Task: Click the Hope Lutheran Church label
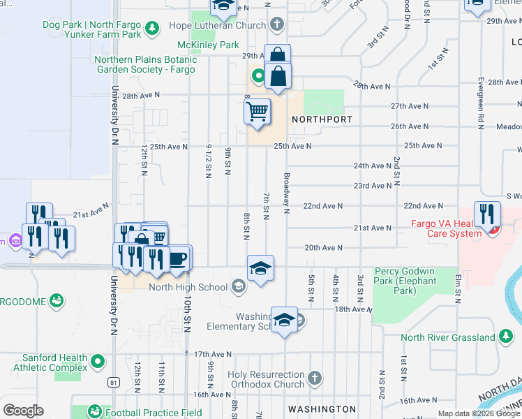218,26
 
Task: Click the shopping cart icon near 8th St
258,111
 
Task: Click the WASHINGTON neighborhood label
322,409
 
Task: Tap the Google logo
23,411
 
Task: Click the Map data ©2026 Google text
479,413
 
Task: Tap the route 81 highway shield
113,382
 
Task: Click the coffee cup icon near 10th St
178,258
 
